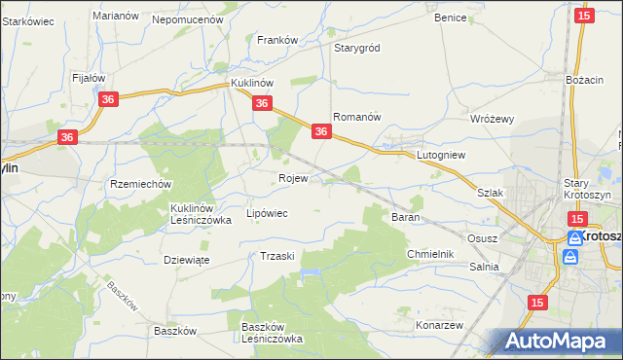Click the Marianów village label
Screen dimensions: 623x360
(113, 16)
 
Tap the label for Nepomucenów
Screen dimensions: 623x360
(188, 18)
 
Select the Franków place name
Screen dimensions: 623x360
(276, 40)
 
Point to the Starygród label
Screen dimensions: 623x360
(357, 48)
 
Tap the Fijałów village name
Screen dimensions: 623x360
(89, 77)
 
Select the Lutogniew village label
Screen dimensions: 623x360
(442, 155)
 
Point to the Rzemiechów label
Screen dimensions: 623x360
(141, 184)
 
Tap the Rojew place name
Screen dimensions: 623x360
(293, 178)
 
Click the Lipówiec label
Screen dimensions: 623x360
(267, 213)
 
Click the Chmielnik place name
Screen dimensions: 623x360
(430, 254)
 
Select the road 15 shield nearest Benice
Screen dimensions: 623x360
(584, 15)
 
